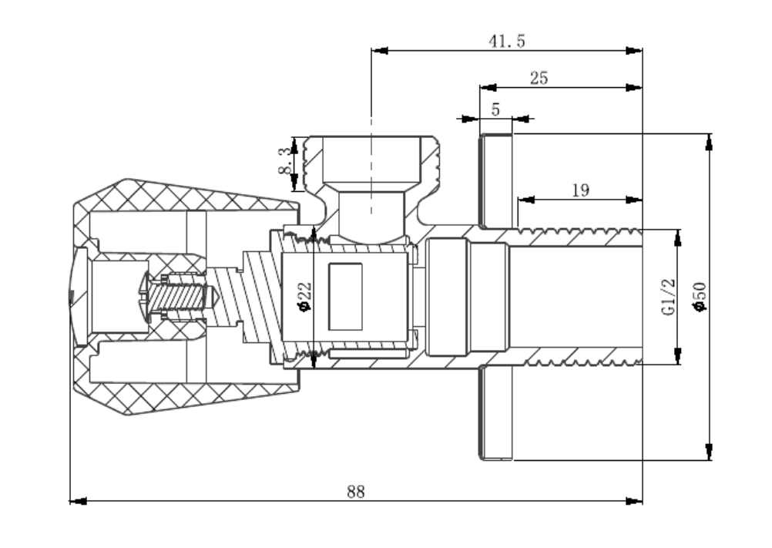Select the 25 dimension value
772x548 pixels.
tap(539, 78)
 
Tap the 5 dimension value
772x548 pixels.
tap(495, 109)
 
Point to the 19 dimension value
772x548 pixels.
tap(581, 190)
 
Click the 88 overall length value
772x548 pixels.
tap(355, 491)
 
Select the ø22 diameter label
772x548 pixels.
tap(304, 297)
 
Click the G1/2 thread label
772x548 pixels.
tap(668, 297)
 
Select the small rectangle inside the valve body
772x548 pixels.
tap(344, 296)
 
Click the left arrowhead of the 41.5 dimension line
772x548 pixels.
tap(378, 51)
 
